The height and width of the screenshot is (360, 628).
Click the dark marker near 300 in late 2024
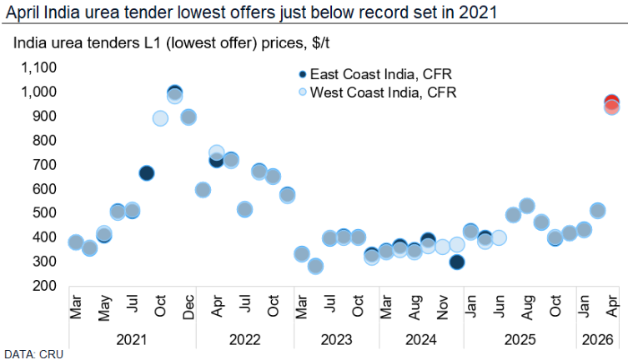click(456, 262)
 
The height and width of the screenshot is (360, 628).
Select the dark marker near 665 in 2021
click(146, 173)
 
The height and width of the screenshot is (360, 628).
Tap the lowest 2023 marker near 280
click(315, 267)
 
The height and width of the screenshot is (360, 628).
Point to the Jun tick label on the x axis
click(499, 309)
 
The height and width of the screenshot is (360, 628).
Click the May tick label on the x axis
click(104, 309)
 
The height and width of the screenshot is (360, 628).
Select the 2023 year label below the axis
click(329, 340)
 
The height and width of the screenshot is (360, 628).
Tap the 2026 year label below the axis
click(597, 340)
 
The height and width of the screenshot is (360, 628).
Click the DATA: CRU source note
click(31, 353)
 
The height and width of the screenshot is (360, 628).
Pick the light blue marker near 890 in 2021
click(160, 118)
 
